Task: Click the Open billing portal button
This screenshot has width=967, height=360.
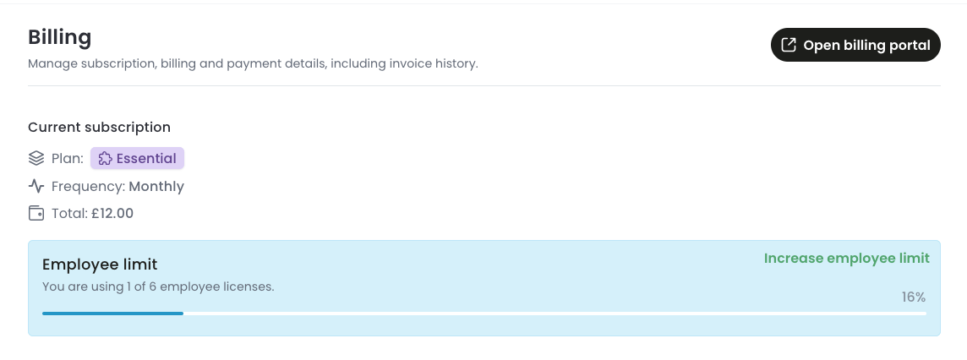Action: pos(855,45)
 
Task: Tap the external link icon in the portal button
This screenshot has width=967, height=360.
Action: pos(788,45)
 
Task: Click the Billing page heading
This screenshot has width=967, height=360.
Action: pos(60,37)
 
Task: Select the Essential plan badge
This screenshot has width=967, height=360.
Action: pos(138,158)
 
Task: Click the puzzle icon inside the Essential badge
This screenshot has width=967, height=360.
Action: pos(106,158)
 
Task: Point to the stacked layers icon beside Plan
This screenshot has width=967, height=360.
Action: pos(36,158)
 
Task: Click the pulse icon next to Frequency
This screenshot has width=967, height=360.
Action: pos(36,186)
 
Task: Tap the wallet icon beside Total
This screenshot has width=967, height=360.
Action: pos(36,213)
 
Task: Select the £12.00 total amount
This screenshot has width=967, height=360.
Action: pos(113,213)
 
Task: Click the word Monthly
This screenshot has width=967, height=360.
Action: pos(156,186)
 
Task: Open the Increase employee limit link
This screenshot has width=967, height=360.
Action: pos(847,259)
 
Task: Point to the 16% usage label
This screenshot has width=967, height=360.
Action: pos(914,297)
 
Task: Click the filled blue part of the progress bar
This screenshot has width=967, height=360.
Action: pos(113,314)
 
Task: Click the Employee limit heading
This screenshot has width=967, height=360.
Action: pos(100,265)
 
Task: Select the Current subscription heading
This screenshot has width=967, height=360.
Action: pos(99,127)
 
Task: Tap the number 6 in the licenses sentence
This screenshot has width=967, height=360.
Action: pos(152,286)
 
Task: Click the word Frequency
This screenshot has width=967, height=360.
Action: pos(88,186)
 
